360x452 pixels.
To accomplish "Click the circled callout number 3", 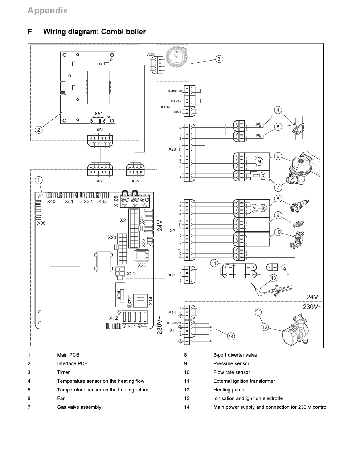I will pyautogui.click(x=219, y=59).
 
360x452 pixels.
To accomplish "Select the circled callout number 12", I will pyautogui.click(x=265, y=328).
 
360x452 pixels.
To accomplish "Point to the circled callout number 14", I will pyautogui.click(x=231, y=337).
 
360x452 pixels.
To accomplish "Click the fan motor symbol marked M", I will pyautogui.click(x=259, y=161).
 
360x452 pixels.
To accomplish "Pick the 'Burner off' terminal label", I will pyautogui.click(x=175, y=91).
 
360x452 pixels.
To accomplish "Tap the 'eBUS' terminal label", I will pyautogui.click(x=177, y=112).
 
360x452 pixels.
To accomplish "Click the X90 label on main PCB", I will pyautogui.click(x=41, y=223).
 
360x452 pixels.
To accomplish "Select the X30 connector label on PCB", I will pyautogui.click(x=142, y=265).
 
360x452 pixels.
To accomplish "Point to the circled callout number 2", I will pyautogui.click(x=39, y=130).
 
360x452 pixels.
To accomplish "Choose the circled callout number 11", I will pyautogui.click(x=214, y=263).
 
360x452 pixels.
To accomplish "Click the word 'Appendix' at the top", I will pyautogui.click(x=48, y=11).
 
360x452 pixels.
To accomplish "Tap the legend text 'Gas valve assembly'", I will pyautogui.click(x=79, y=407).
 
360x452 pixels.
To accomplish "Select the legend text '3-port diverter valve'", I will pyautogui.click(x=235, y=355).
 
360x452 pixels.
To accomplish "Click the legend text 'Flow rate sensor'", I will pyautogui.click(x=232, y=372).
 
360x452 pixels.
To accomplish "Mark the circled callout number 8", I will pyautogui.click(x=278, y=198).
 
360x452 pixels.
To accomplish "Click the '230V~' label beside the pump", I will pyautogui.click(x=312, y=307).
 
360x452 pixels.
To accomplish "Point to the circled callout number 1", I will pyautogui.click(x=39, y=180).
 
